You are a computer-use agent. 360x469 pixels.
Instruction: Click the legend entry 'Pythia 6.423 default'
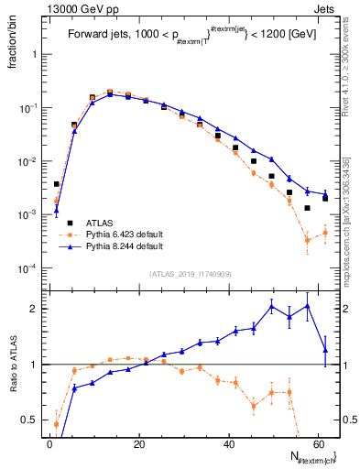point(125,234)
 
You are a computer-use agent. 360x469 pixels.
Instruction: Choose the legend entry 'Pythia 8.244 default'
point(125,246)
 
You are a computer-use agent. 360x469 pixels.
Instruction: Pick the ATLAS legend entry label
point(99,223)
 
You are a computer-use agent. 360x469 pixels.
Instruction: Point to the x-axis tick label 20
point(138,443)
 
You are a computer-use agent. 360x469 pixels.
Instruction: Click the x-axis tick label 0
point(49,443)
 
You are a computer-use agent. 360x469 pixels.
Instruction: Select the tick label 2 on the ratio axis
point(34,309)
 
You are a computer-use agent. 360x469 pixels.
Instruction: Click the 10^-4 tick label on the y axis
point(27,268)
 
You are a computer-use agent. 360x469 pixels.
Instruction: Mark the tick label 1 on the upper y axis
point(34,54)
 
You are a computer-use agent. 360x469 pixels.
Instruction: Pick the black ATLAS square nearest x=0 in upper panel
point(57,184)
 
